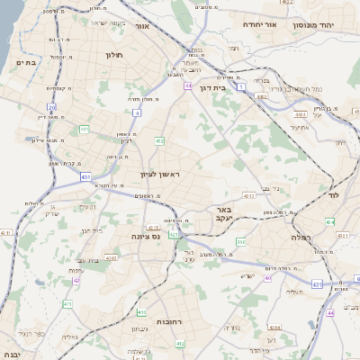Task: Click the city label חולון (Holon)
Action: click(115, 56)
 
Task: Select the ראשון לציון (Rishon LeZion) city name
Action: click(160, 174)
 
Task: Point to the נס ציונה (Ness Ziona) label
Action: click(144, 236)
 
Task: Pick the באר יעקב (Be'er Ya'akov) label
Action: click(223, 213)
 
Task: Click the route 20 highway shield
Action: click(52, 108)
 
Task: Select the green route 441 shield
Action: click(84, 130)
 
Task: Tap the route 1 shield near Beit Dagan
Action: click(242, 86)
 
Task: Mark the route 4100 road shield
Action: click(111, 258)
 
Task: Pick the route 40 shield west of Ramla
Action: click(268, 277)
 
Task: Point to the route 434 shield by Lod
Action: click(330, 220)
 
